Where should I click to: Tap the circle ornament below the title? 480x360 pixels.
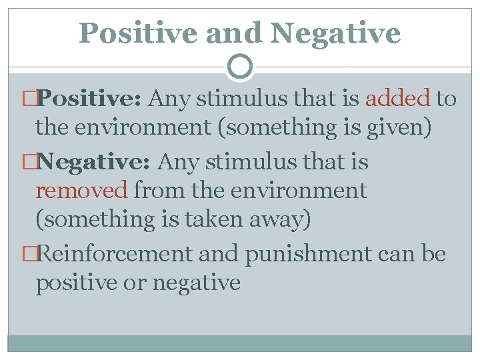240,67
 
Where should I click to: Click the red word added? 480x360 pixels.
397,99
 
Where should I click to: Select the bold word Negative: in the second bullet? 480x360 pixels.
96,162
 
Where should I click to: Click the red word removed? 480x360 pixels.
81,191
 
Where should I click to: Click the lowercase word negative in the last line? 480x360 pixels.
197,283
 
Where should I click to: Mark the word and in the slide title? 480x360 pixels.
231,33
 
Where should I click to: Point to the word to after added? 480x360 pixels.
446,99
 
